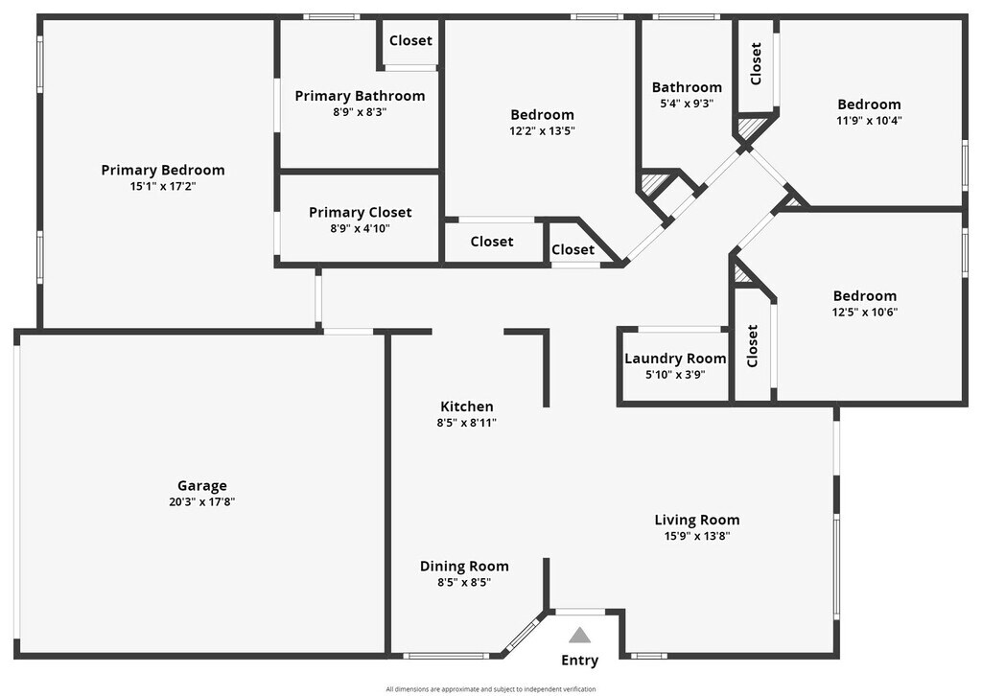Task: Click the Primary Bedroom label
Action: pyautogui.click(x=163, y=170)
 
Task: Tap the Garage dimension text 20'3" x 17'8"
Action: pyautogui.click(x=201, y=501)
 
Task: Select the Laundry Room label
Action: pyautogui.click(x=675, y=359)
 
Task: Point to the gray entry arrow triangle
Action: pyautogui.click(x=579, y=635)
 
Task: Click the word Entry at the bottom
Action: pyautogui.click(x=579, y=660)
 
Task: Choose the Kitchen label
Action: pyautogui.click(x=466, y=406)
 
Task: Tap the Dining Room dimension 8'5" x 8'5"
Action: pyautogui.click(x=464, y=582)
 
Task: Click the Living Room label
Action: pyautogui.click(x=697, y=520)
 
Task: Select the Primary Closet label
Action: pyautogui.click(x=360, y=212)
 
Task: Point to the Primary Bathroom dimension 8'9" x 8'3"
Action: pyautogui.click(x=360, y=111)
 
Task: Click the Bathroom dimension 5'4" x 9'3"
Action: pyautogui.click(x=687, y=103)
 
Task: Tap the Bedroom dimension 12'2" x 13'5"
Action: pyautogui.click(x=542, y=130)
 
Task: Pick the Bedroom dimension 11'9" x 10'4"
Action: pyautogui.click(x=869, y=121)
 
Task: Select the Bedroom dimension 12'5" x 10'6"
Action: pyautogui.click(x=865, y=312)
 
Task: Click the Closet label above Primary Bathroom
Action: pyautogui.click(x=410, y=40)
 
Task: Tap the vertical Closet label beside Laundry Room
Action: pyautogui.click(x=753, y=345)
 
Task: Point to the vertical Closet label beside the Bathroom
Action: pyautogui.click(x=757, y=63)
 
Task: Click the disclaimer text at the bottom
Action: pyautogui.click(x=491, y=688)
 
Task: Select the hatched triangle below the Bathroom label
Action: pyautogui.click(x=655, y=182)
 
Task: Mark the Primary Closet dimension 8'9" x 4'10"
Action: pyautogui.click(x=360, y=228)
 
